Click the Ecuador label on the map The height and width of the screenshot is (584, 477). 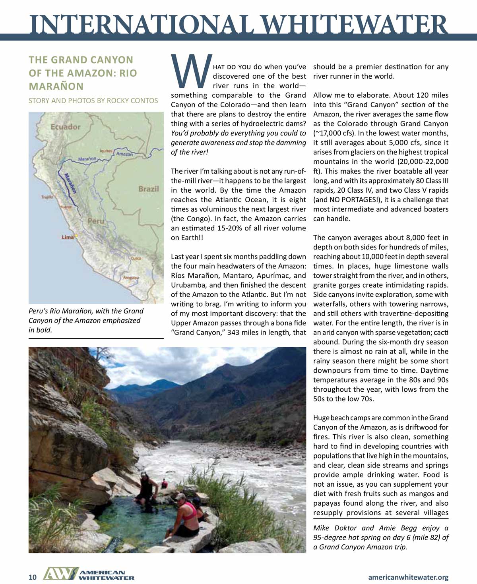[x=66, y=127]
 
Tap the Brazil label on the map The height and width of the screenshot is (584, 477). [x=148, y=189]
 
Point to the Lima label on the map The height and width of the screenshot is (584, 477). [x=68, y=237]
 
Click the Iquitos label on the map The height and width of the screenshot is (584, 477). [x=106, y=151]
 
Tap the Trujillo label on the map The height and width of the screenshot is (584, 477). [x=47, y=197]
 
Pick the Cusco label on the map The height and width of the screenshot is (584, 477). [x=136, y=258]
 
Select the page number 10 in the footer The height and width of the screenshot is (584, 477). [x=33, y=577]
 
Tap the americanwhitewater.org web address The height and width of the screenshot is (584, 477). [x=408, y=577]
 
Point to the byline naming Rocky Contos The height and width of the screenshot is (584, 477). [x=93, y=101]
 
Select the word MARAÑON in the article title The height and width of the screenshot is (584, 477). [x=56, y=86]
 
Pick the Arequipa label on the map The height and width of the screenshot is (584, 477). [x=131, y=278]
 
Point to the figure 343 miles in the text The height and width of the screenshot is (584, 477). [x=244, y=333]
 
